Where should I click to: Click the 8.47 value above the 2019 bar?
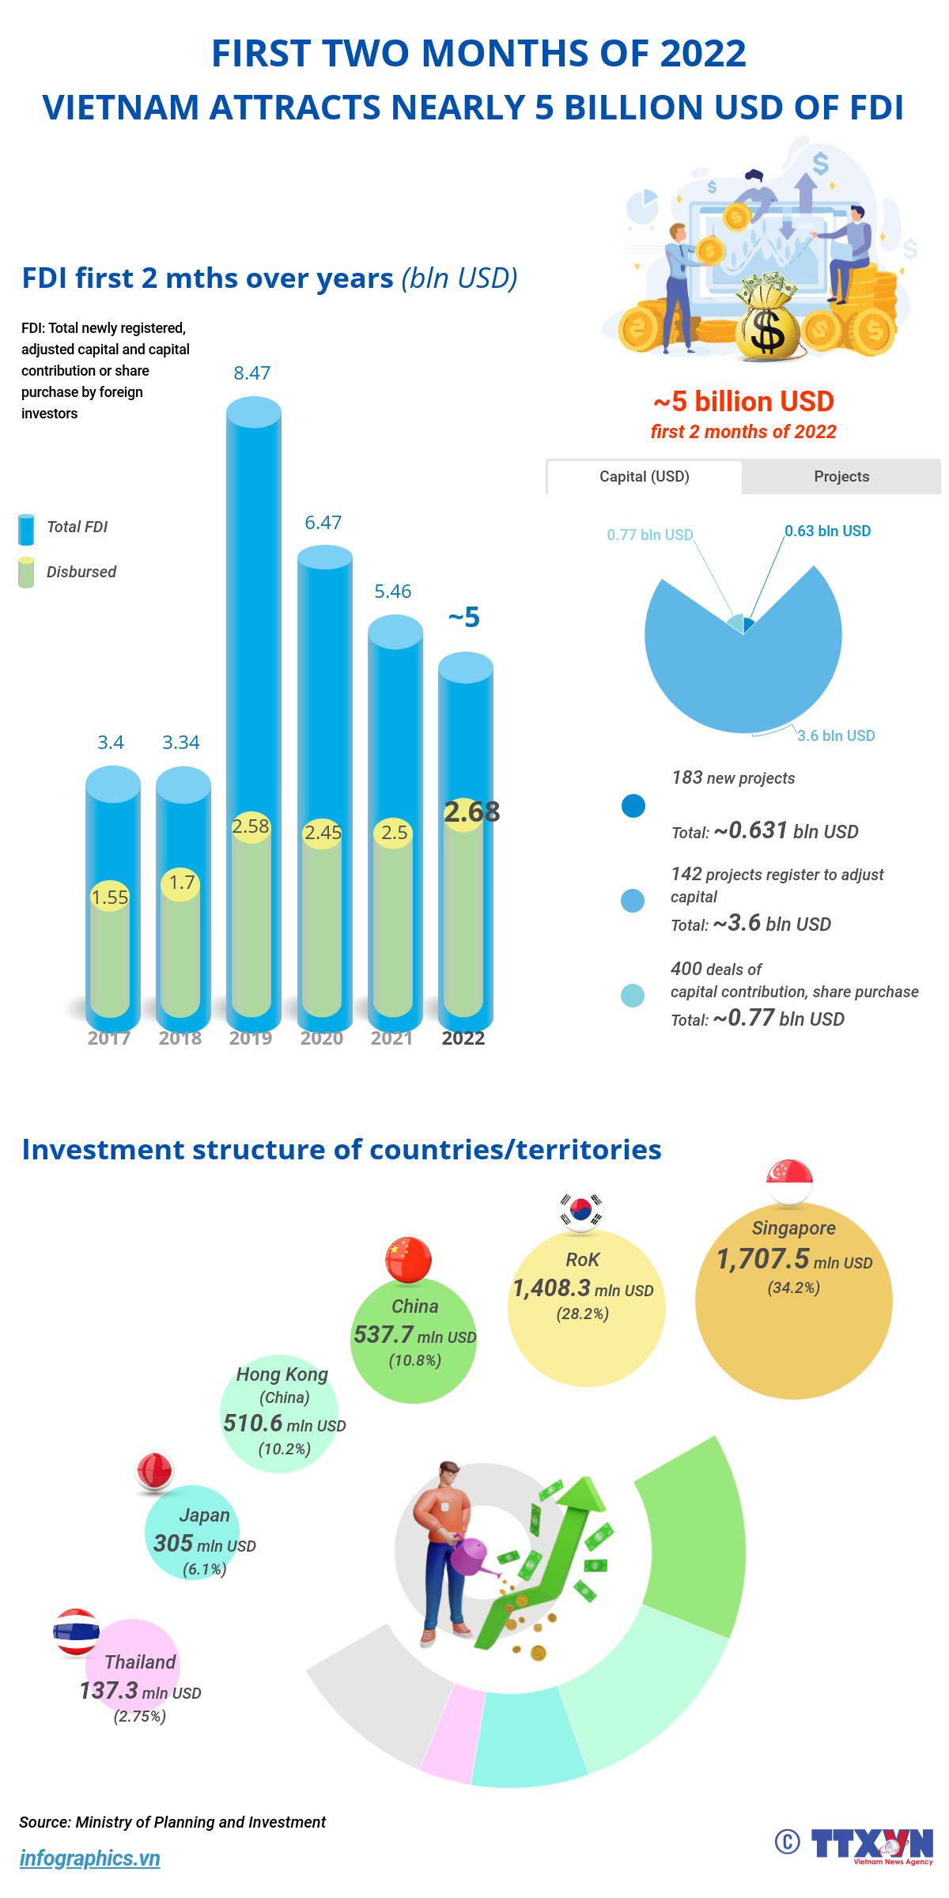tap(252, 373)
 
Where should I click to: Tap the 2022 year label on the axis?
tap(463, 1038)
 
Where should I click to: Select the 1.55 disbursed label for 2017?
tap(110, 898)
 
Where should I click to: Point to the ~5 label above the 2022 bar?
tap(464, 618)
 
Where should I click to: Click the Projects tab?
tap(841, 477)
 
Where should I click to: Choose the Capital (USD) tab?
tap(645, 477)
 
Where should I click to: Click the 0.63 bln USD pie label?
tap(827, 531)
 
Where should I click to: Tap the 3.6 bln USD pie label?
tap(836, 736)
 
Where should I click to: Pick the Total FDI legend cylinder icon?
tap(26, 529)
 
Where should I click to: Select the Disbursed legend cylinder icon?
tap(26, 573)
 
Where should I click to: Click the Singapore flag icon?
tap(789, 1182)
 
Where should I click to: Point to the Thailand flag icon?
tap(76, 1631)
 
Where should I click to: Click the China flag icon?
tap(408, 1258)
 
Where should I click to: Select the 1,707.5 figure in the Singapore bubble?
tap(763, 1259)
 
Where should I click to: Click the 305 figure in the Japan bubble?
tap(173, 1544)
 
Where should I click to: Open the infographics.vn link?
tap(90, 1858)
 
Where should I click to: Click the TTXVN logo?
tap(871, 1845)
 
